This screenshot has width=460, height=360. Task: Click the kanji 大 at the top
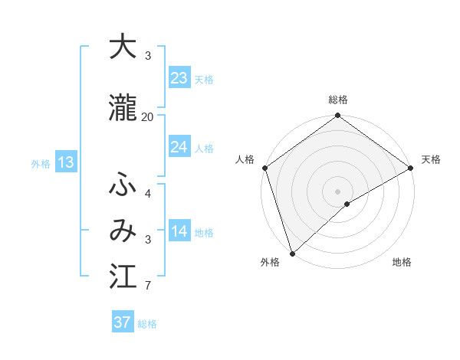point(123,47)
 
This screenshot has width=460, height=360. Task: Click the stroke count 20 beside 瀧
point(147,116)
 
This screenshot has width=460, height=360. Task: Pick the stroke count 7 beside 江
point(147,286)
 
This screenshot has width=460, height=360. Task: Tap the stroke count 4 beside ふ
point(147,193)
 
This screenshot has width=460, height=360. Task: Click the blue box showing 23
point(179,78)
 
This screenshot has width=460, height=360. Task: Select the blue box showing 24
point(179,147)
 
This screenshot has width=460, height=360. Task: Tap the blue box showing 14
point(179,231)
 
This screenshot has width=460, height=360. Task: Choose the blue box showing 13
point(65,162)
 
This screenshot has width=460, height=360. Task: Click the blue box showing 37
point(122,322)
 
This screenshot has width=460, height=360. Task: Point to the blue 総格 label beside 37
point(147,324)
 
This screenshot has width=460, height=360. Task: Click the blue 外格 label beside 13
point(41,163)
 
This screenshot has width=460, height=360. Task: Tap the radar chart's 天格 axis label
point(431,159)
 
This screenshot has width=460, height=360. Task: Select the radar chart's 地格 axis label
point(402,262)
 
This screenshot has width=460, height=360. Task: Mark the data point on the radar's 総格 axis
point(337,116)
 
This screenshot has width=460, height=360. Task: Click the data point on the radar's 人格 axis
point(264,168)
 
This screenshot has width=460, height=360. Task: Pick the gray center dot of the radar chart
point(337,191)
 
